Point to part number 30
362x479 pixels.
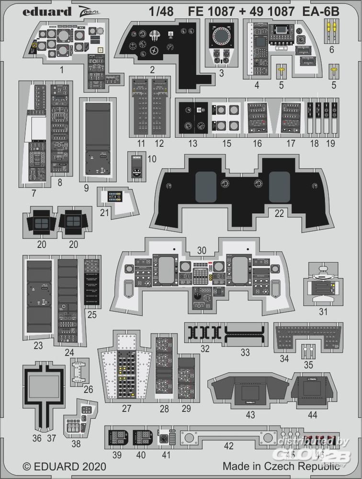(x=202, y=250)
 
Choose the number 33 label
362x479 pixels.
(x=245, y=353)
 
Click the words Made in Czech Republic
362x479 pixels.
(x=281, y=466)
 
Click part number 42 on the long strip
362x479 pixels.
(x=229, y=446)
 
